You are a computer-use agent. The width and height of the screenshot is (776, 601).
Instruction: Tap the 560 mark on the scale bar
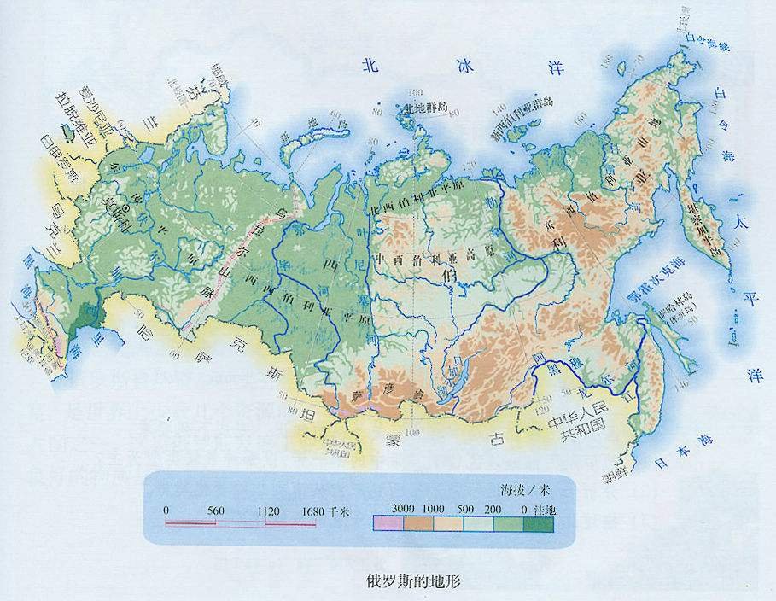pos(216,511)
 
